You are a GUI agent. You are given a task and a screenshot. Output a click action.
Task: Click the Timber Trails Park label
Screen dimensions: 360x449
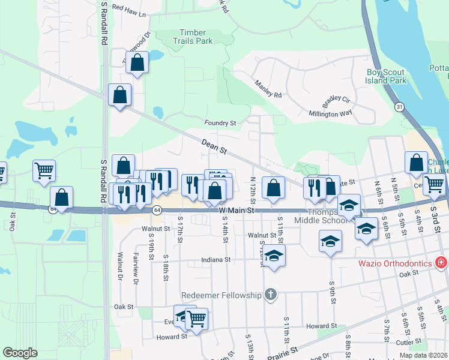tap(196, 37)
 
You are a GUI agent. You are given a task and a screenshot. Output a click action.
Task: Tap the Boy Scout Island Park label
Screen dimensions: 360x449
tap(387, 76)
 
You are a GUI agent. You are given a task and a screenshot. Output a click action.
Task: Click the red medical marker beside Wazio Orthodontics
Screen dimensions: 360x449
tap(441, 263)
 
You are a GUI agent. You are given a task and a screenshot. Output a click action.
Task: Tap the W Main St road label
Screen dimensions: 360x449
tap(237, 211)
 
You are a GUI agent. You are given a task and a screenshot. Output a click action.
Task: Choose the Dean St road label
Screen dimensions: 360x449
tap(214, 145)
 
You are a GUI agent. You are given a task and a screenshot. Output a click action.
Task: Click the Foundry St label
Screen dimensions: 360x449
tap(220, 123)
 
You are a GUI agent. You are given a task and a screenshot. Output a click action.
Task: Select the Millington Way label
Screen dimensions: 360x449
tap(330, 113)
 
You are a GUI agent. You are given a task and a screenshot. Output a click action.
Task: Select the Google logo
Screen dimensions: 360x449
tap(20, 353)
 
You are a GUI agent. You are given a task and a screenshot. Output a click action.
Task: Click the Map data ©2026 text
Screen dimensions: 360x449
tap(422, 355)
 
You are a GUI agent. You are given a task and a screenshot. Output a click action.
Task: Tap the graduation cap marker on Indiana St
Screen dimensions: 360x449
tap(273, 256)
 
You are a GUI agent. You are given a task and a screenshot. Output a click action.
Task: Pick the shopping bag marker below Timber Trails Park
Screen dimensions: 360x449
tap(137, 62)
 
